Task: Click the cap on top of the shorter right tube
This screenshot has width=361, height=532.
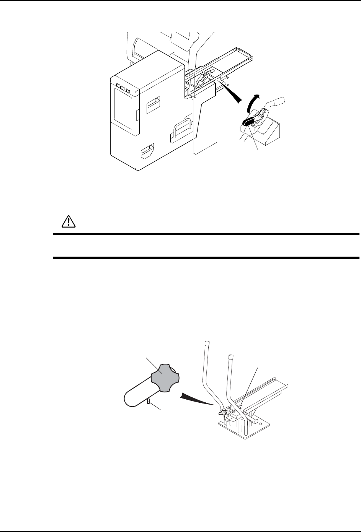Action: coord(231,358)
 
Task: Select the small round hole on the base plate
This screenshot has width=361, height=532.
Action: coord(260,423)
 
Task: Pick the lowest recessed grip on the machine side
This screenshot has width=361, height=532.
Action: coord(147,152)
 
